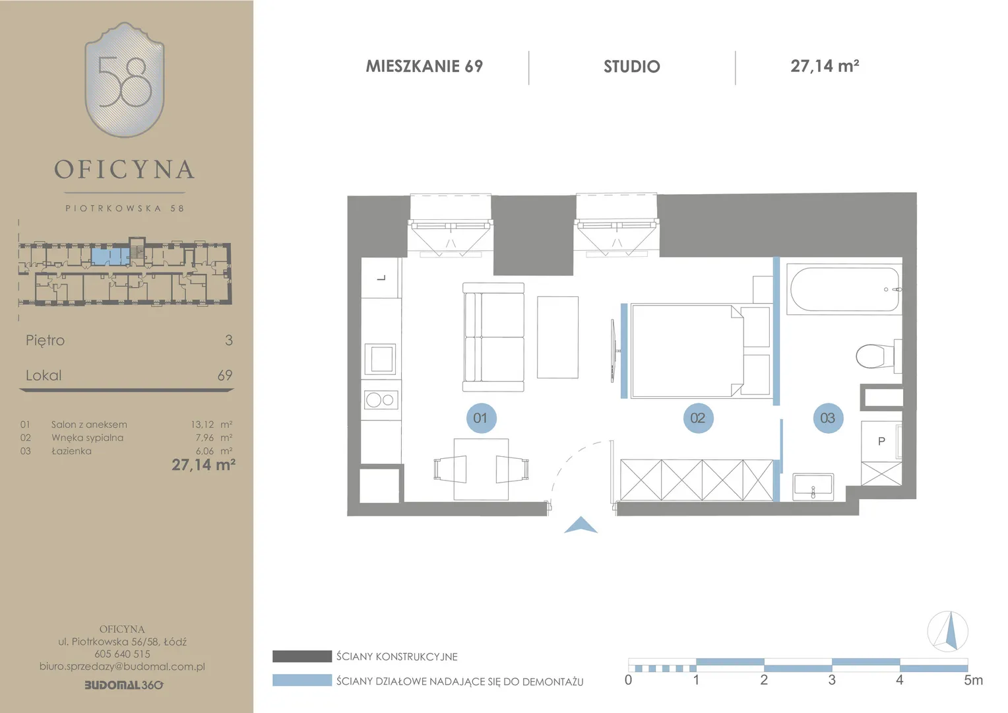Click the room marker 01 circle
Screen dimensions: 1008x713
click(x=481, y=418)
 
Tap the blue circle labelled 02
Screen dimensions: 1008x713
click(x=698, y=418)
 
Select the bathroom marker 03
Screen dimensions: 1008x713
click(x=828, y=418)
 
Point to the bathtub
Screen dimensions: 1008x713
click(x=844, y=289)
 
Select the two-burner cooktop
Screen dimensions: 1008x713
click(x=381, y=399)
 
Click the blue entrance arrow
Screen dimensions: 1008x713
click(x=581, y=526)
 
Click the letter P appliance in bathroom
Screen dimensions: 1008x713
click(x=881, y=442)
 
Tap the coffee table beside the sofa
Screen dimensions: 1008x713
click(x=557, y=337)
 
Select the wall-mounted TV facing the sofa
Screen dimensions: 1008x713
click(x=614, y=351)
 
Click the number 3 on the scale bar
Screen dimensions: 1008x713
click(x=832, y=680)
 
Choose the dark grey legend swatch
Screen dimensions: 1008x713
click(x=302, y=656)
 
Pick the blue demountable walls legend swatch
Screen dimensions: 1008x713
click(x=302, y=680)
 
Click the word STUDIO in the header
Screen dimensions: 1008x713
click(x=632, y=67)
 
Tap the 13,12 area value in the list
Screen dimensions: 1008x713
click(x=203, y=424)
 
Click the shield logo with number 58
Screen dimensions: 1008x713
click(x=125, y=80)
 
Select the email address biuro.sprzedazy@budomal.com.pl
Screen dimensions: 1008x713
click(x=122, y=666)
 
